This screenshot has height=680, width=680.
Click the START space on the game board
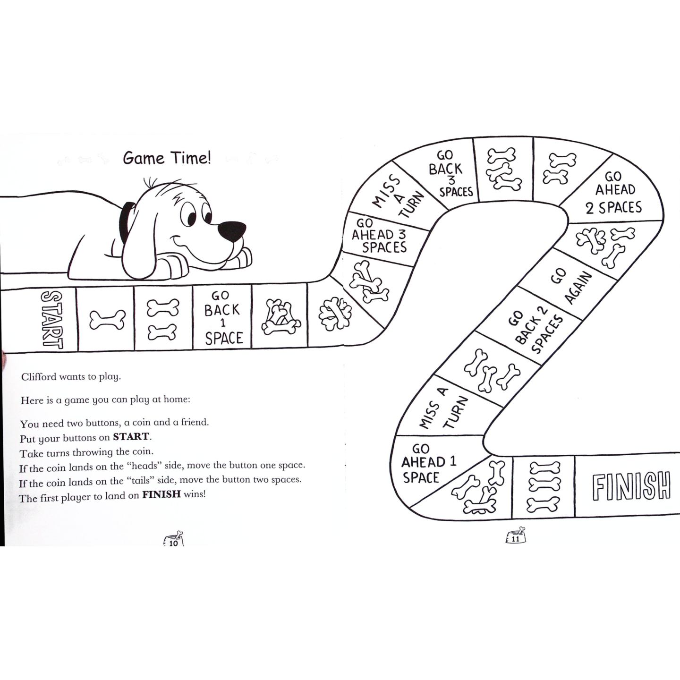(51, 319)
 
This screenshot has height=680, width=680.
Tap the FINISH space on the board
(631, 486)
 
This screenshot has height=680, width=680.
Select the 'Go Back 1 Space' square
(222, 317)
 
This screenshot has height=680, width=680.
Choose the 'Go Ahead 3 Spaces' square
(379, 235)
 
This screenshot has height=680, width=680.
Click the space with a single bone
(107, 320)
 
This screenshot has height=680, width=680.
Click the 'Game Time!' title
(167, 158)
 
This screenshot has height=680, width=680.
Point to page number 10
(173, 543)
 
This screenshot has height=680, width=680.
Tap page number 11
(515, 539)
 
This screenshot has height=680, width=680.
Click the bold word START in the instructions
(131, 436)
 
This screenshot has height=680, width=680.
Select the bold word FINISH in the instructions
(161, 495)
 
